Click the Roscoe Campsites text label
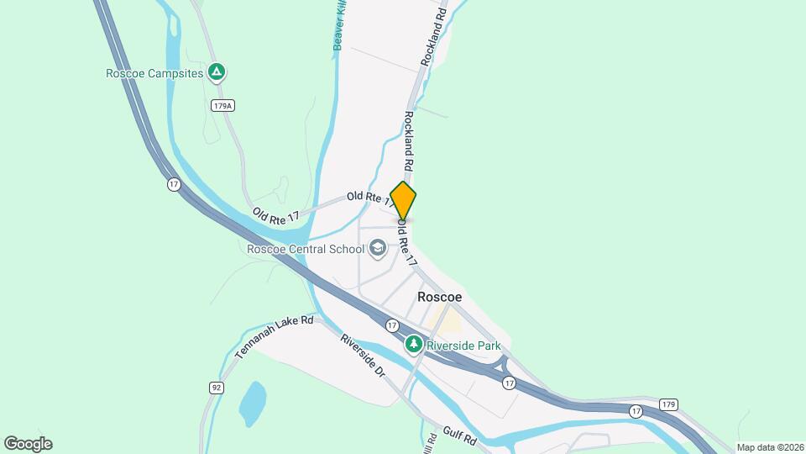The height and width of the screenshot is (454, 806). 154,73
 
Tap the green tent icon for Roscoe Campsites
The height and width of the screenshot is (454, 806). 217,72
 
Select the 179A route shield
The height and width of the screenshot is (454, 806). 222,106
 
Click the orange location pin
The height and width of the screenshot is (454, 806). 403,201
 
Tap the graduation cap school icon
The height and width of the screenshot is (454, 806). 378,248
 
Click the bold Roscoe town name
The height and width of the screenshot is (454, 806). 440,298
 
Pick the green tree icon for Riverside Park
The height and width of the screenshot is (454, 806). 413,344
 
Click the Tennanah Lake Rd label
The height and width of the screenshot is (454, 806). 274,338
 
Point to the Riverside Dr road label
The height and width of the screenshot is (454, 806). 362,355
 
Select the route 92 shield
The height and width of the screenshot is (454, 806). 217,387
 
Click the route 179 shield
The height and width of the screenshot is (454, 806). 667,404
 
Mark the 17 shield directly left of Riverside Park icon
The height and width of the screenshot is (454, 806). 392,325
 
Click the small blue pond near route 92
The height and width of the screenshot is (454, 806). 252,404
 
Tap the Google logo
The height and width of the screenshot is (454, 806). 28,444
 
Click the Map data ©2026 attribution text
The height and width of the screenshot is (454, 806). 770,447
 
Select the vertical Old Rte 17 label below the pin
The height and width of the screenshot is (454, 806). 408,244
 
